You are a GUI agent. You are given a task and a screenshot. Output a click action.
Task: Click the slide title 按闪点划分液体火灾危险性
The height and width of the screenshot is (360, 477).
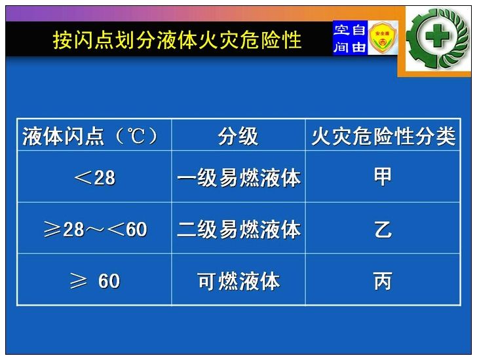click(178, 40)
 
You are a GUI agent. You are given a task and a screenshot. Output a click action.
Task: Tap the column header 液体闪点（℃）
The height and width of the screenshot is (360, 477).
click(90, 135)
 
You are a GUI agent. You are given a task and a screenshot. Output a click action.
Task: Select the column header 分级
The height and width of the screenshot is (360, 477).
click(238, 135)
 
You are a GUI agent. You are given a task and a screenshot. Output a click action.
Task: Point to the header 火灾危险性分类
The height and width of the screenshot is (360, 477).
click(383, 135)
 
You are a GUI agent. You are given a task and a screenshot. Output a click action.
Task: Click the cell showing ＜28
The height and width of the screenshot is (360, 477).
click(94, 177)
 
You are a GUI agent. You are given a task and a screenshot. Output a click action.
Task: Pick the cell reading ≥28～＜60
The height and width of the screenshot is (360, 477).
click(95, 228)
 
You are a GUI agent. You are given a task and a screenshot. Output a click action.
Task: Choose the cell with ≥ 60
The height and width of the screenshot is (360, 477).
click(94, 280)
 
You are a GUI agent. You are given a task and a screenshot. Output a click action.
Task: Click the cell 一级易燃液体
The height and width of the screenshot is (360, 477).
click(238, 177)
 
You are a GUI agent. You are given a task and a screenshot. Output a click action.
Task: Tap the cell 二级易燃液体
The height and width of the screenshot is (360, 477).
click(238, 229)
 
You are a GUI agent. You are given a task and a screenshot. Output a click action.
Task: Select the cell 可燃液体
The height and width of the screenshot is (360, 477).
click(238, 281)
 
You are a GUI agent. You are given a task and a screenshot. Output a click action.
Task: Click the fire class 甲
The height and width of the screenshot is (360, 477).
click(383, 177)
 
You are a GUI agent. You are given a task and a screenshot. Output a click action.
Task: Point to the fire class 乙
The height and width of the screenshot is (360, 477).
click(383, 229)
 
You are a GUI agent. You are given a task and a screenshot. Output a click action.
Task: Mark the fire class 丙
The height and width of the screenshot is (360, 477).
click(383, 281)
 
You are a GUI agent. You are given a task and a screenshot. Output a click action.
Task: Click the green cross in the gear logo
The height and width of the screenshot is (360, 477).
click(437, 36)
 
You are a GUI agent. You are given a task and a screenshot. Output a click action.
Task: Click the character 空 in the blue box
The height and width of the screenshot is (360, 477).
click(341, 29)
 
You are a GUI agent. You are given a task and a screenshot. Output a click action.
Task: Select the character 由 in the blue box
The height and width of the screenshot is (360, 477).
click(358, 47)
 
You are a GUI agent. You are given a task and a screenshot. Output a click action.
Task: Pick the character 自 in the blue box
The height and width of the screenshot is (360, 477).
click(358, 29)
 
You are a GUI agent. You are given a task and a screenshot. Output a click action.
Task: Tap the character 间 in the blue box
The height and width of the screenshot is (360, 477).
click(341, 47)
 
